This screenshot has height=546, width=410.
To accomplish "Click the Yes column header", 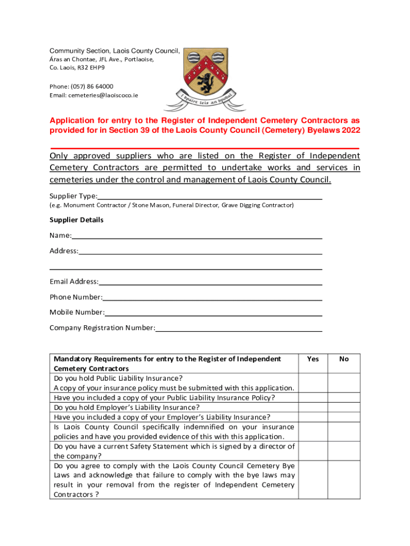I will [x=313, y=359].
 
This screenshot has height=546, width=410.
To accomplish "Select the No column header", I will [x=344, y=359].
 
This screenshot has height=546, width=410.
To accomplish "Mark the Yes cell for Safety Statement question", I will [x=313, y=451].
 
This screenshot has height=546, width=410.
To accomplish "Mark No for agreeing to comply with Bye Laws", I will [x=344, y=480].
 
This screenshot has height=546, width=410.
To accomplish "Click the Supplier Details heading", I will [x=77, y=220].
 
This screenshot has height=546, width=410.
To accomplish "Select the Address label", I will [x=64, y=251].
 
